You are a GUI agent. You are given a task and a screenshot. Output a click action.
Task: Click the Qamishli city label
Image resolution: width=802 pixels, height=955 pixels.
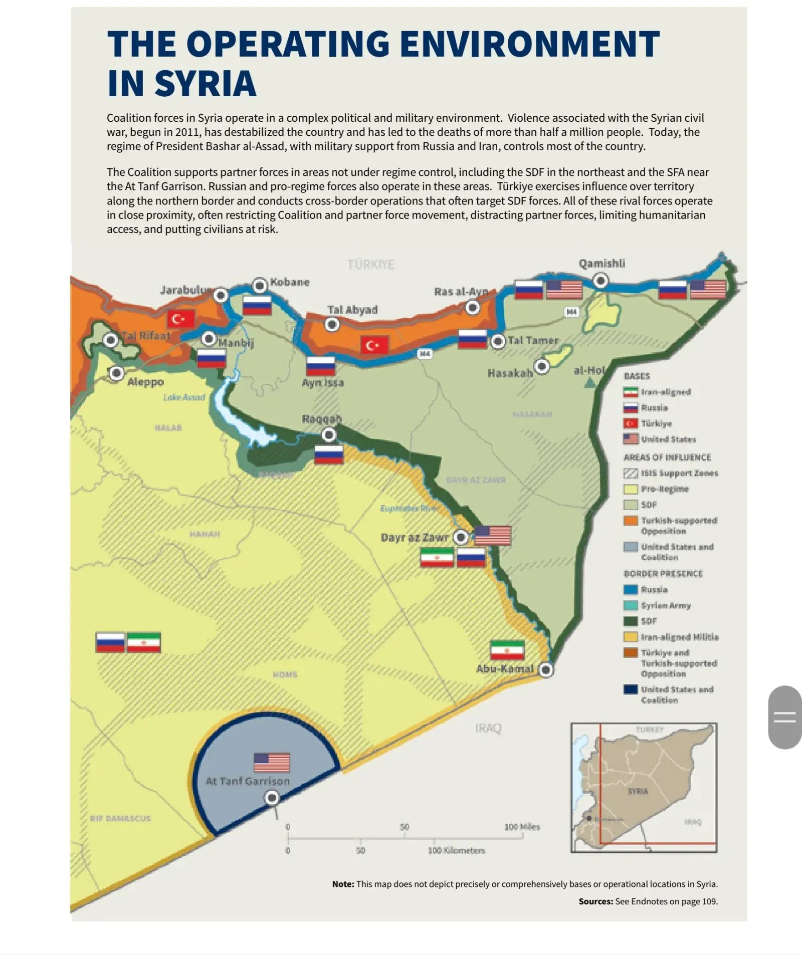click(x=601, y=264)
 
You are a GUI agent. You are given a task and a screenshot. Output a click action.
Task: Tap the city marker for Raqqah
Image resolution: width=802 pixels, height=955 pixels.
click(x=329, y=434)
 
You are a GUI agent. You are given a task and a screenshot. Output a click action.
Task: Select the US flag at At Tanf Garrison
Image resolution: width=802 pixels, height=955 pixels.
click(x=272, y=763)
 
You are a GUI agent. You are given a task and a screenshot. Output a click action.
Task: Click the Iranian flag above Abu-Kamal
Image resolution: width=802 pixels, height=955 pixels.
click(x=507, y=650)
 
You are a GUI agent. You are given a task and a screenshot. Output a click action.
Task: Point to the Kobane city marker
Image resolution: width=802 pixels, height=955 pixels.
click(x=260, y=286)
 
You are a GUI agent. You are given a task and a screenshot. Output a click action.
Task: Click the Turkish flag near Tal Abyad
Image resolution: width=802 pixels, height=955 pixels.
click(x=374, y=345)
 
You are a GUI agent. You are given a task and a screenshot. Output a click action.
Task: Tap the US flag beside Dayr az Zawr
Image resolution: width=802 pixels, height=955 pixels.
click(x=493, y=535)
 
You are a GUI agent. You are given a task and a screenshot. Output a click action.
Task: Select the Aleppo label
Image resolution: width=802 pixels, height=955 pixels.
click(x=145, y=382)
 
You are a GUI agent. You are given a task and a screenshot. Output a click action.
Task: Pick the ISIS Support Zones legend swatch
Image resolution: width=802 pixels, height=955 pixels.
click(x=631, y=473)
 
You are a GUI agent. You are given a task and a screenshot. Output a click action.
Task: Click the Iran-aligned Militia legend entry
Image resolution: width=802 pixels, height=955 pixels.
click(x=679, y=637)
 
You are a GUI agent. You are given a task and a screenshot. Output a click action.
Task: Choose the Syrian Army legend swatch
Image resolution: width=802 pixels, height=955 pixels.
click(x=631, y=605)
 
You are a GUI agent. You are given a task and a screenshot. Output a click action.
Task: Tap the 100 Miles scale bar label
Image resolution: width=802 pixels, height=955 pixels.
click(x=522, y=827)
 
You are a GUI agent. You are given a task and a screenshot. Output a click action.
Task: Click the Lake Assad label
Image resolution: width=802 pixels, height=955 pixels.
click(x=184, y=397)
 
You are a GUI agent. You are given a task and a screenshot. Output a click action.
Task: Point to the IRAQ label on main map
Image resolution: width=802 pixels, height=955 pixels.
click(x=488, y=728)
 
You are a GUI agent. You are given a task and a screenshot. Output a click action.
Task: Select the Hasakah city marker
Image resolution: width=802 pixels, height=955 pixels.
click(x=541, y=366)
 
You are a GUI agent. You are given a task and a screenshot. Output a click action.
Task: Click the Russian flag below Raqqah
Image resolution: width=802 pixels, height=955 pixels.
click(x=329, y=454)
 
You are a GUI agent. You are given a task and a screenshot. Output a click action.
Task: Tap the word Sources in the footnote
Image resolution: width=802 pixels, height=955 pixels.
click(x=595, y=901)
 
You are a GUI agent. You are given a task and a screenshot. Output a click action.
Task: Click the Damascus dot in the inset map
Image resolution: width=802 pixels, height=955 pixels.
click(x=589, y=818)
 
